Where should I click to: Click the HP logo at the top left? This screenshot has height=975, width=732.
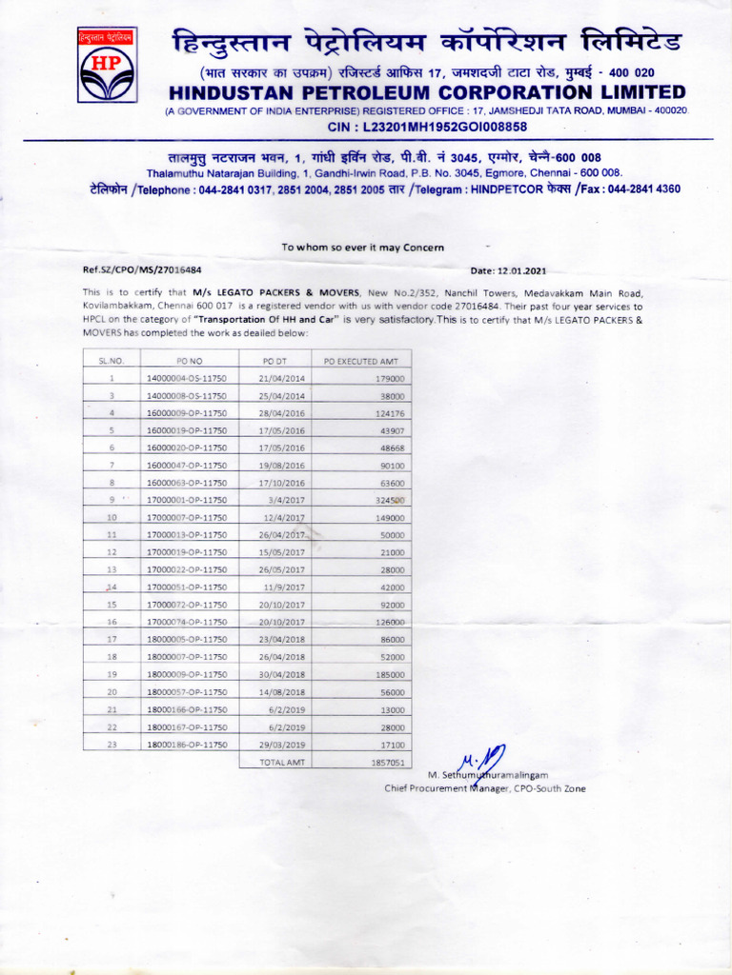coord(107,65)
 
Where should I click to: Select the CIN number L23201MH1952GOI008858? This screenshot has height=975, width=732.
coord(427,127)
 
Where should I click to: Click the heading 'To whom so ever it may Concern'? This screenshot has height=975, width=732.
coord(363,248)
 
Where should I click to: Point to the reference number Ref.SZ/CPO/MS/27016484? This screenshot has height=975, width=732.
coord(142,270)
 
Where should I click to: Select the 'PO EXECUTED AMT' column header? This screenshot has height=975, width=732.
coord(361,361)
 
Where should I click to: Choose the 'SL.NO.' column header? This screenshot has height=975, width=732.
coord(112,361)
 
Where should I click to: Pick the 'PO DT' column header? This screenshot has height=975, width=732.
coord(274,361)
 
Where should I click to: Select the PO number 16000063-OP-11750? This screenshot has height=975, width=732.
coord(187,483)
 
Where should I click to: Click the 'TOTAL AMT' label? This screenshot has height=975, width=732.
coord(280,763)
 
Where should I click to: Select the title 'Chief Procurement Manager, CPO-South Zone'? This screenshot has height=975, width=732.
coord(485,788)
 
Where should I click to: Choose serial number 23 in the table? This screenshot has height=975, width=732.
coord(112,745)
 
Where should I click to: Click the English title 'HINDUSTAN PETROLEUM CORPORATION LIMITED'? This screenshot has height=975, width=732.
coord(427,92)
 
